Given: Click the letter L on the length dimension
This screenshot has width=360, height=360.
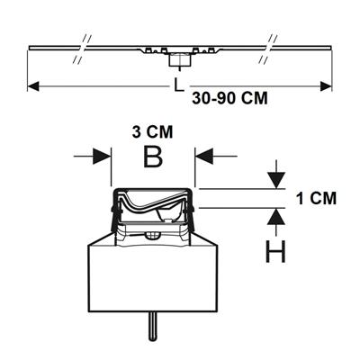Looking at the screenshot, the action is click(179, 85).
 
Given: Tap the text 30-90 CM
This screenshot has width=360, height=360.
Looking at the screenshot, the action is click(229, 98).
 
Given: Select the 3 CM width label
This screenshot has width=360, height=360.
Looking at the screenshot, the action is click(152, 132).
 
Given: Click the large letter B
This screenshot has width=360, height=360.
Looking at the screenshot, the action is click(153, 157).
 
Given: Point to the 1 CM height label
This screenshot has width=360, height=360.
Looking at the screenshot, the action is click(317, 199).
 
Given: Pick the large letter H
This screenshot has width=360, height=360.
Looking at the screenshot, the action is click(275, 252).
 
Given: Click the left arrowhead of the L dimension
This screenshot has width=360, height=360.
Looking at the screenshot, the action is click(33, 86).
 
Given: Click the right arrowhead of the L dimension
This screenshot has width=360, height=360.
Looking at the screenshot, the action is click(326, 86).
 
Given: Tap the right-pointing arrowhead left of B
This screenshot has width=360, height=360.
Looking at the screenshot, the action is click(102, 156).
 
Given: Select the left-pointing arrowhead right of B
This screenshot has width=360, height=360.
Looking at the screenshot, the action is click(204, 156).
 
